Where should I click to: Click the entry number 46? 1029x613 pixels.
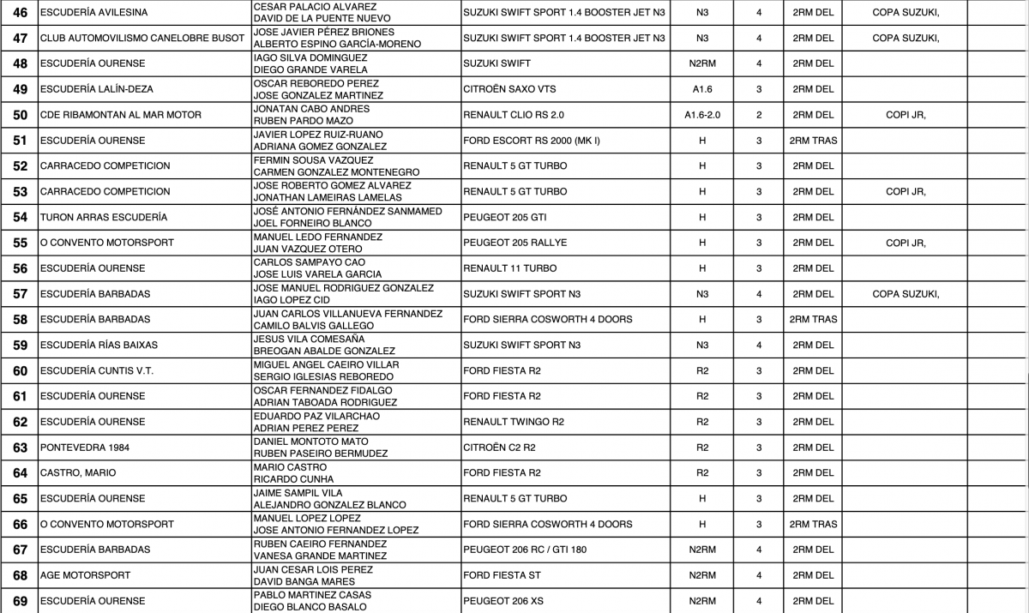pos(20,13)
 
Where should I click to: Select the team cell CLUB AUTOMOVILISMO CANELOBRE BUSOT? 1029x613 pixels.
pos(130,38)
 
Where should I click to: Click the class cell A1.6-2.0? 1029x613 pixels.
pos(702,115)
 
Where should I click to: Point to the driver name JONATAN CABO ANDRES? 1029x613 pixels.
pos(311,109)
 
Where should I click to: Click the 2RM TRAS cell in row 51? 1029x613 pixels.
pos(813,141)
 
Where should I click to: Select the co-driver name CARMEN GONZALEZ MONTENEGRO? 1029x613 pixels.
pos(336,172)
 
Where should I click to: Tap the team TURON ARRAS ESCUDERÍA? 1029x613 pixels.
pos(104,217)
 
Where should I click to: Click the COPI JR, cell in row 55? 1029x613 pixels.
pos(906,243)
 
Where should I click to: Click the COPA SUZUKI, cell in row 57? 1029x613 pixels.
pos(906,294)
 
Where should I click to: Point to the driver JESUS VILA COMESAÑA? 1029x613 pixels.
pos(309,340)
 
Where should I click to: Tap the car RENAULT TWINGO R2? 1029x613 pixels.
pos(514,422)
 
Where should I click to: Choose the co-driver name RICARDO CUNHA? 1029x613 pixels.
pos(293,479)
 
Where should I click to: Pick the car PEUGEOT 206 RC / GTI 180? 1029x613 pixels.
pos(525,550)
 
